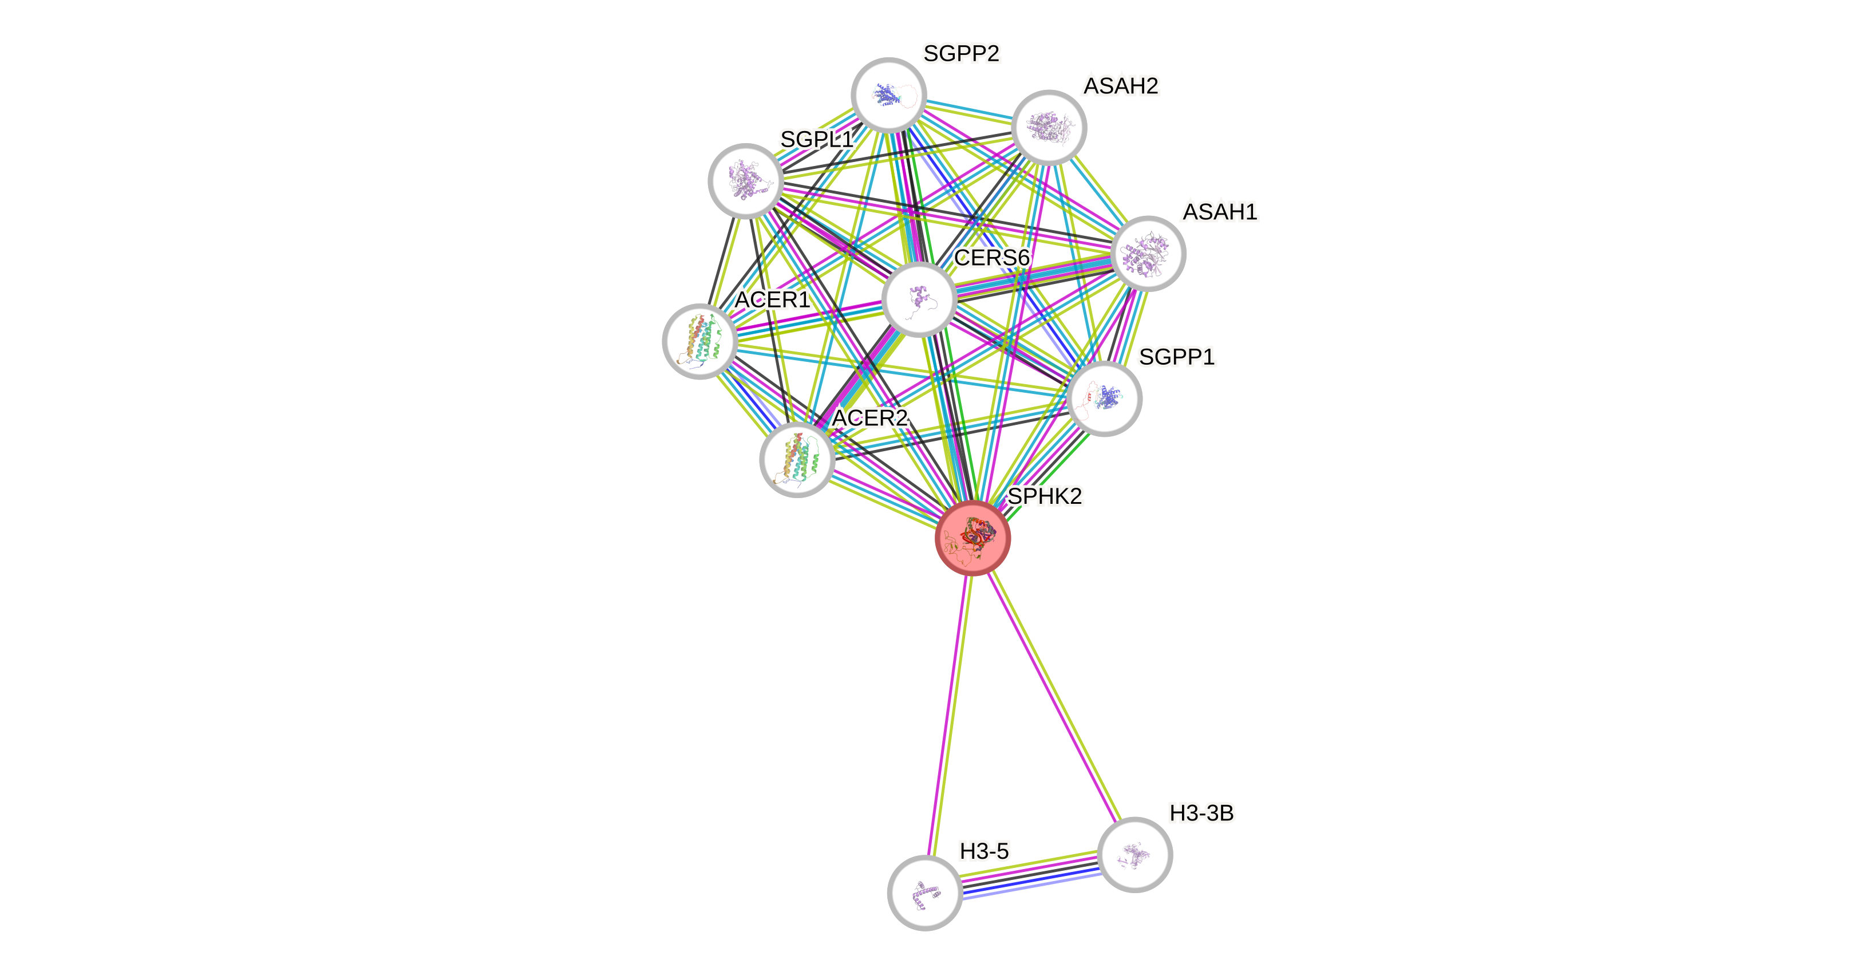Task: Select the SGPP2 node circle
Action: (x=889, y=96)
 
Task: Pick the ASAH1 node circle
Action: (x=1148, y=254)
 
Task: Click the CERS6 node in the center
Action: (x=919, y=299)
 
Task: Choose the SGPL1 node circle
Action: (x=746, y=181)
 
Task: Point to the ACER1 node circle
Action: (x=699, y=341)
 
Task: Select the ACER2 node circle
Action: (x=797, y=460)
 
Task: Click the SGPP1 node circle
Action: (x=1104, y=399)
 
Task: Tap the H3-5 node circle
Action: (x=924, y=893)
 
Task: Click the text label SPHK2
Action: (x=1045, y=496)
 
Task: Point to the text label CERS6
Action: (x=992, y=258)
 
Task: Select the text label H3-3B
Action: (x=1201, y=814)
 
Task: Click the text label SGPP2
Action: (x=962, y=53)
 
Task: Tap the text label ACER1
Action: (x=772, y=299)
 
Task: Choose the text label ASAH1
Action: (x=1220, y=212)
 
